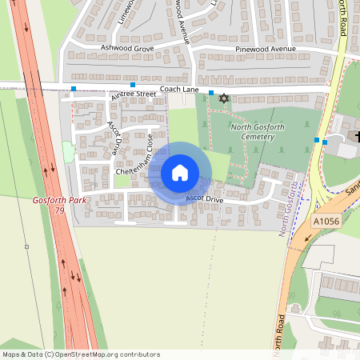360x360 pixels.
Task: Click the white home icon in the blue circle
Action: [180, 173]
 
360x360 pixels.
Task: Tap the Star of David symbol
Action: [223, 98]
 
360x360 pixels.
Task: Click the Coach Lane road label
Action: [178, 90]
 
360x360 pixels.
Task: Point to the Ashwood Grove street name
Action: [126, 49]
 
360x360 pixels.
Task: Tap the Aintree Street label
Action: [134, 94]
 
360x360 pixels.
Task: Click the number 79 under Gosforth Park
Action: [58, 210]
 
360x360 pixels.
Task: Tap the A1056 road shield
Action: [326, 220]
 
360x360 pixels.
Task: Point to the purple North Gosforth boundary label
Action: [290, 207]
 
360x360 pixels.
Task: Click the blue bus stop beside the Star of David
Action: [211, 94]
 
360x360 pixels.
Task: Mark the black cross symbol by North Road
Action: [356, 138]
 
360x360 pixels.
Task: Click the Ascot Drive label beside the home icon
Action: [204, 198]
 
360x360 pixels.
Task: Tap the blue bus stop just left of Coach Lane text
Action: [133, 85]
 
